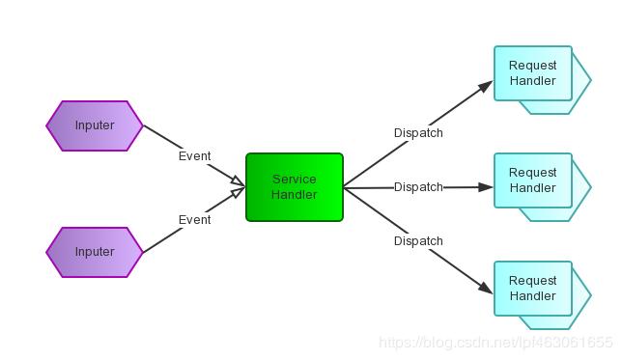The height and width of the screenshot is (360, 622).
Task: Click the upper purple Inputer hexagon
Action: [95, 125]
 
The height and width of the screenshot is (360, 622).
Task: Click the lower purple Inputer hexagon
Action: [95, 252]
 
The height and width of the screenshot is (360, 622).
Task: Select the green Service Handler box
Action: [295, 187]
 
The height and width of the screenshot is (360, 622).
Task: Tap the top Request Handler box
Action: [533, 73]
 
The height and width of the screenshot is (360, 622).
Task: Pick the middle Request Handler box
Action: [533, 180]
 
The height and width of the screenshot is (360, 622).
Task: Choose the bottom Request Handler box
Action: [533, 289]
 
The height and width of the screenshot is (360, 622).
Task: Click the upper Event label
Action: [194, 156]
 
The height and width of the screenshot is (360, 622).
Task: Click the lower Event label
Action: [194, 220]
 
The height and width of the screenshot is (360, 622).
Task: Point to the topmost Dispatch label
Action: [418, 133]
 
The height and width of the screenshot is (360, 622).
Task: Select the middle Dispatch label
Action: [418, 187]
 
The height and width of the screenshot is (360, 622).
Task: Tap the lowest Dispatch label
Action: [418, 241]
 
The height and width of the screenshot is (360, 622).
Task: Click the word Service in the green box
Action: [295, 180]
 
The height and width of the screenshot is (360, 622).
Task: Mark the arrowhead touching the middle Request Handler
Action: [488, 187]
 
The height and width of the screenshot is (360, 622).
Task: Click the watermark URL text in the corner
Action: [495, 343]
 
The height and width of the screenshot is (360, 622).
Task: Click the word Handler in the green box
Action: [295, 195]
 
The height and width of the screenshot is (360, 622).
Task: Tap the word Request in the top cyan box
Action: [533, 66]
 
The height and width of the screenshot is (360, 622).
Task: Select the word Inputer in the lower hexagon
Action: [95, 252]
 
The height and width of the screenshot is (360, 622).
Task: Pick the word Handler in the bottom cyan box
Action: [533, 296]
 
